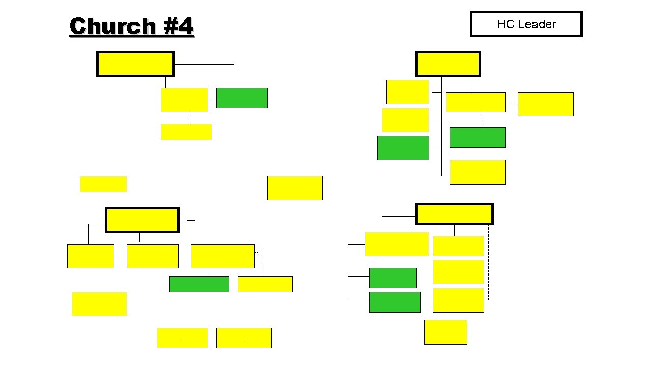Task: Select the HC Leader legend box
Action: (526, 24)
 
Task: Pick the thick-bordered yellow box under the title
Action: (135, 64)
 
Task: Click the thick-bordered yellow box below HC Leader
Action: (448, 64)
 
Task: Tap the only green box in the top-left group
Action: (242, 98)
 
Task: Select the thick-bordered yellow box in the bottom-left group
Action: (142, 220)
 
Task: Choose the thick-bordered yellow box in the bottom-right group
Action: (454, 214)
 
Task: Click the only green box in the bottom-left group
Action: (199, 284)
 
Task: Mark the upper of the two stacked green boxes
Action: (393, 278)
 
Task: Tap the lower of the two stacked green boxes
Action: (395, 302)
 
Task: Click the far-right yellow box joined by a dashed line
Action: (545, 104)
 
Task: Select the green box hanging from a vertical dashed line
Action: (477, 137)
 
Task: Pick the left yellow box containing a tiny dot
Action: (182, 338)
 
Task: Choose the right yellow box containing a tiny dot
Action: (244, 338)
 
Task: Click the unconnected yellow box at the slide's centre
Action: (294, 188)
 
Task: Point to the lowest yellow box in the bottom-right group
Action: (446, 332)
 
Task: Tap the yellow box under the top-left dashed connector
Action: (186, 132)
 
